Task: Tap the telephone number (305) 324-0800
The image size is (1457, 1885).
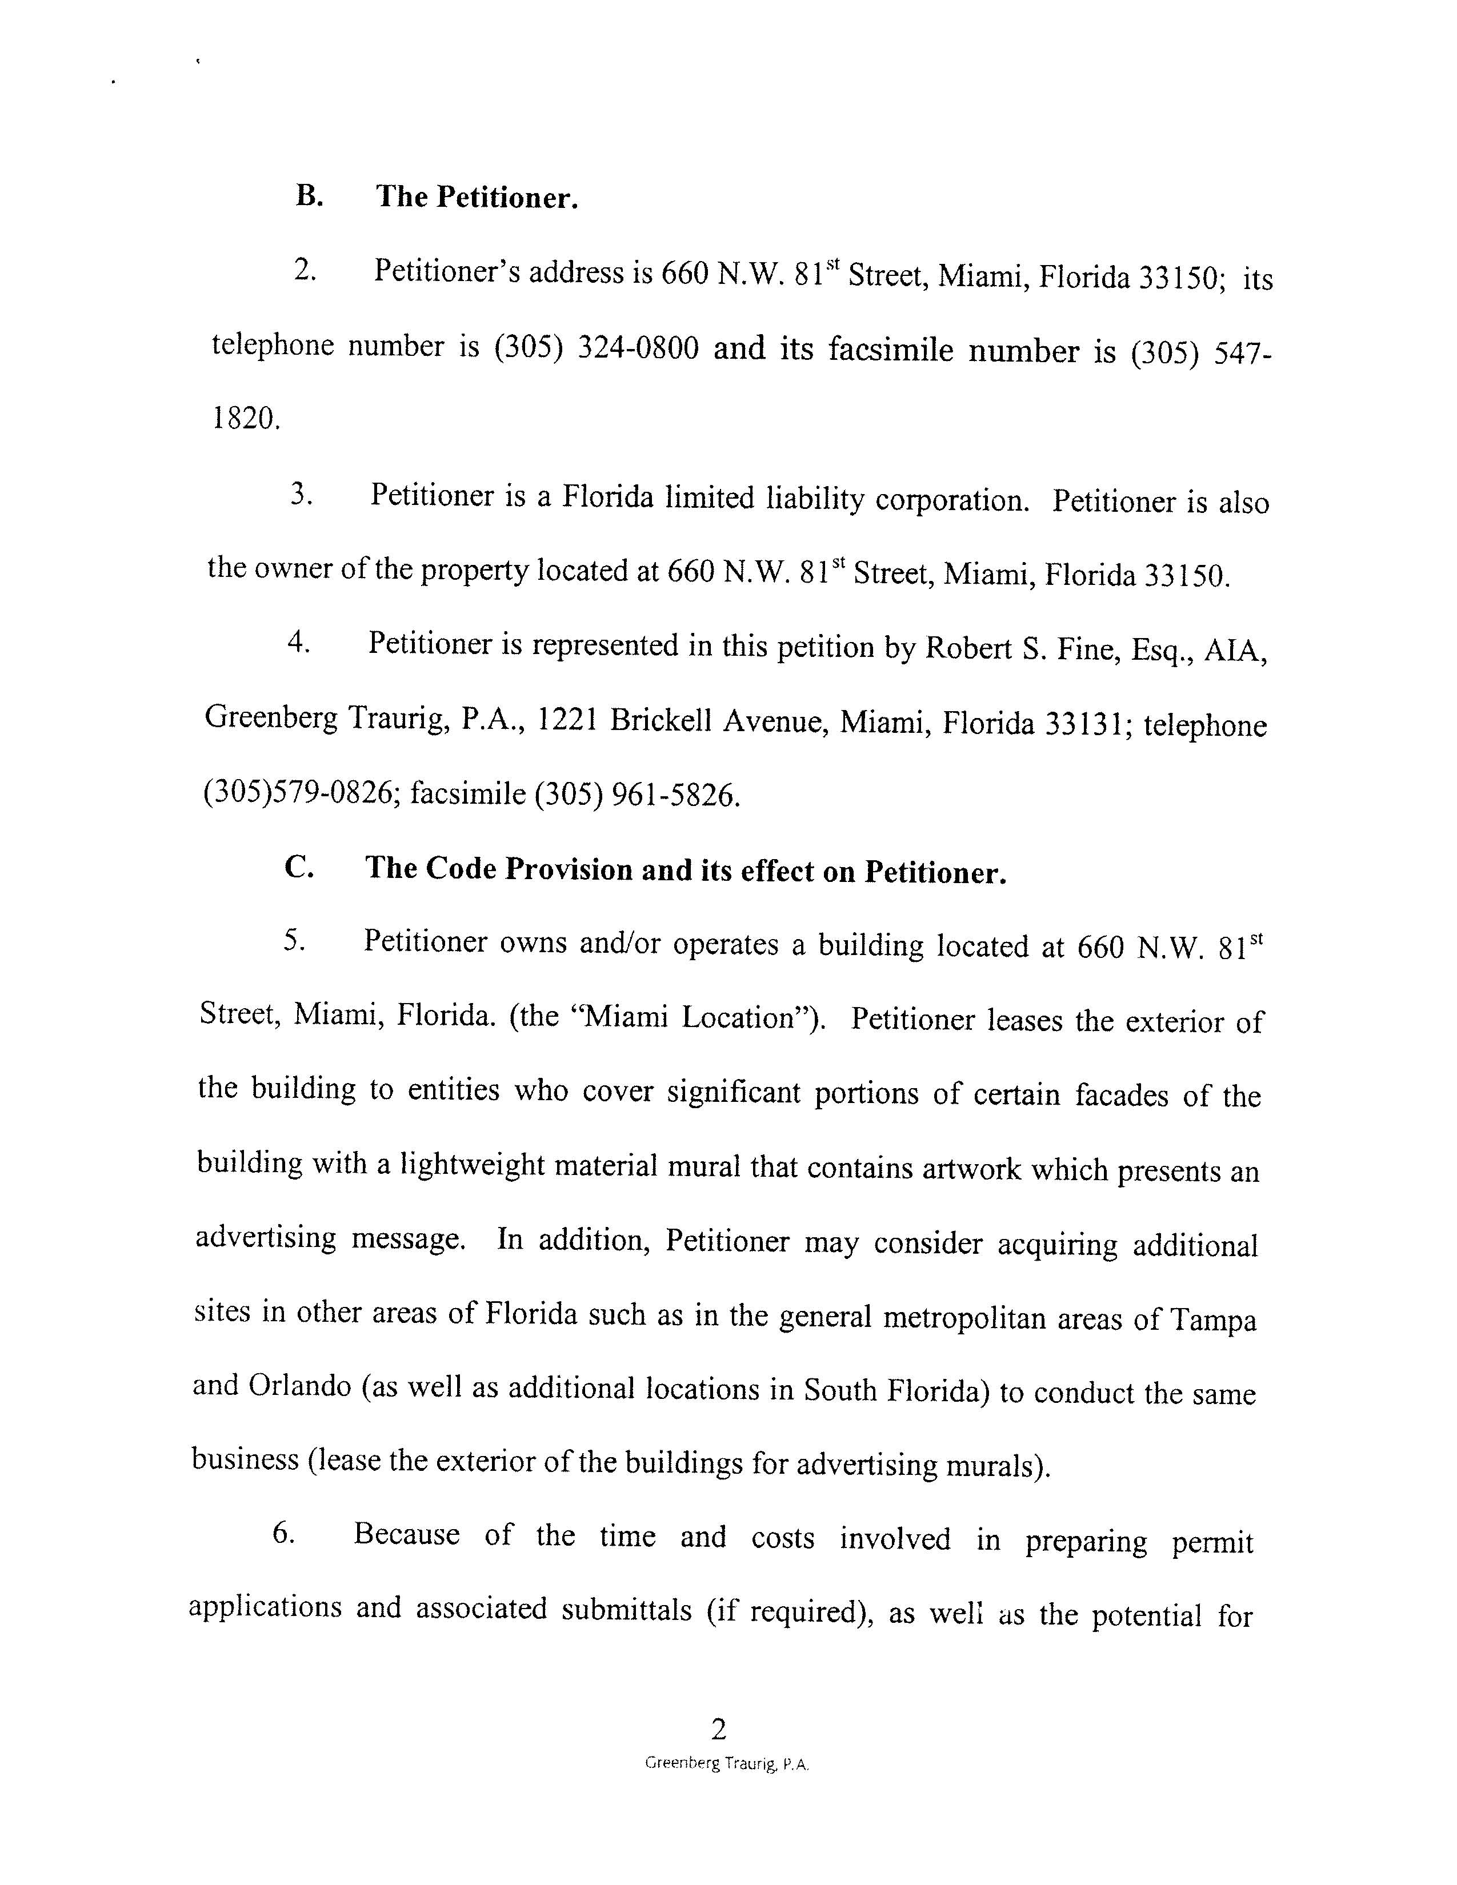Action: coord(595,348)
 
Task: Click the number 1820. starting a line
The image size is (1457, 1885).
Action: coord(246,419)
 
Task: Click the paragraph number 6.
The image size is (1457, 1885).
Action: coord(285,1534)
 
